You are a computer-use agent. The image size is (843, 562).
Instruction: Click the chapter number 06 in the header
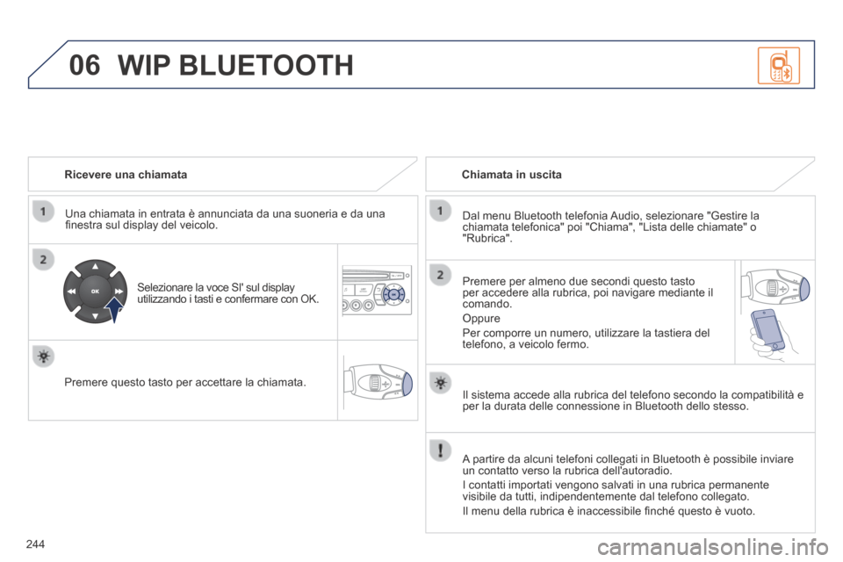(x=84, y=65)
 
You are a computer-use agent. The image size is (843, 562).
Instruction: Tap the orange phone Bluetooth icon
(x=779, y=66)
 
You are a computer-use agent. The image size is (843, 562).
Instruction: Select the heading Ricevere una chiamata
(x=126, y=174)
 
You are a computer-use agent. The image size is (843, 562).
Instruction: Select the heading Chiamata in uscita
(x=511, y=174)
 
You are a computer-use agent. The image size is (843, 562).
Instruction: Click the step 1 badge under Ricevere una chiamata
(x=44, y=211)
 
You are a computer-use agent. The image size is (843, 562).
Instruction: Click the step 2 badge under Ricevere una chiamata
(x=44, y=260)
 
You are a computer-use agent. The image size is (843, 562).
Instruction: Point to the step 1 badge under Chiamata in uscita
(x=440, y=210)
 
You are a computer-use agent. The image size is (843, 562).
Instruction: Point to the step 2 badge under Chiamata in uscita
(x=440, y=275)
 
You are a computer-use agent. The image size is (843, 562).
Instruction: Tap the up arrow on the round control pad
(x=95, y=266)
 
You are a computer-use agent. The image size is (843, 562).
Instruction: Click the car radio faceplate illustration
(x=377, y=291)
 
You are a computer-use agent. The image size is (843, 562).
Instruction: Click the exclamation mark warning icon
(x=440, y=450)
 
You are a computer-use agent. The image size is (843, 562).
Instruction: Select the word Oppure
(x=481, y=319)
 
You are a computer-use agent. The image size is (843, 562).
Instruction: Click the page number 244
(x=35, y=544)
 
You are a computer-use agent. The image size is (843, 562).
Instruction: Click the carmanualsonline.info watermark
(x=713, y=547)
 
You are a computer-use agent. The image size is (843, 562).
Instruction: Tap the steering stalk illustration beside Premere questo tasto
(x=378, y=382)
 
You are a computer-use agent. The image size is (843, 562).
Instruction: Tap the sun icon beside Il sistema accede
(x=440, y=384)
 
